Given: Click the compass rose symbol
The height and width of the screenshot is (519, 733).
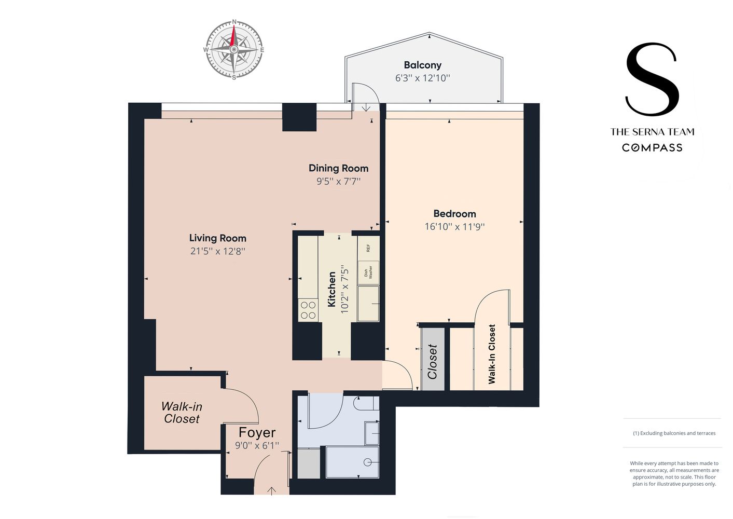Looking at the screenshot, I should coord(233,50).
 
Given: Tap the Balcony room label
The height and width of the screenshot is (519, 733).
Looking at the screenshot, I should coord(422,65).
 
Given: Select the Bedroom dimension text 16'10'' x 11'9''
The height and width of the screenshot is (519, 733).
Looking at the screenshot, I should coord(454,227).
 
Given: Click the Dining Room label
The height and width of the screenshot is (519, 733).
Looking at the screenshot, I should coord(338,168).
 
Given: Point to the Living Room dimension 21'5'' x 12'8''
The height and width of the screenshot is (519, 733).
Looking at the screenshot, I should coord(217,251).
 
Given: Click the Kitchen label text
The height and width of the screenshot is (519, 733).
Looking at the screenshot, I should coord(332,289).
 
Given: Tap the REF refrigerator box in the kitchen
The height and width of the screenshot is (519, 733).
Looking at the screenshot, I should coord(368,248).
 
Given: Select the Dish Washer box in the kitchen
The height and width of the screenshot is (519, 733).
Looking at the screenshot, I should coord(368,272).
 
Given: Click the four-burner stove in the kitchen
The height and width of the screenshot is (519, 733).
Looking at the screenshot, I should coord(308,310).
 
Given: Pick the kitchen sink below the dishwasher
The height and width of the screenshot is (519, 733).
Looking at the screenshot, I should coord(368,304).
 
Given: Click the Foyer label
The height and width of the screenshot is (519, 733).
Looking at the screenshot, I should coord(257,432).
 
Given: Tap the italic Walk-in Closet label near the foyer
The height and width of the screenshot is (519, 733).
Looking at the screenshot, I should coord(182,413).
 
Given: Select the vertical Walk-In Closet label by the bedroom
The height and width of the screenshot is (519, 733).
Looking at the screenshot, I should coord(492,354).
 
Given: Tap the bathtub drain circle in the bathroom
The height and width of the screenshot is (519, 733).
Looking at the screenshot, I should coord(368,462).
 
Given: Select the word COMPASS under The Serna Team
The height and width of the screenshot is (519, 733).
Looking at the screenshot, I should coord(652,148).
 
